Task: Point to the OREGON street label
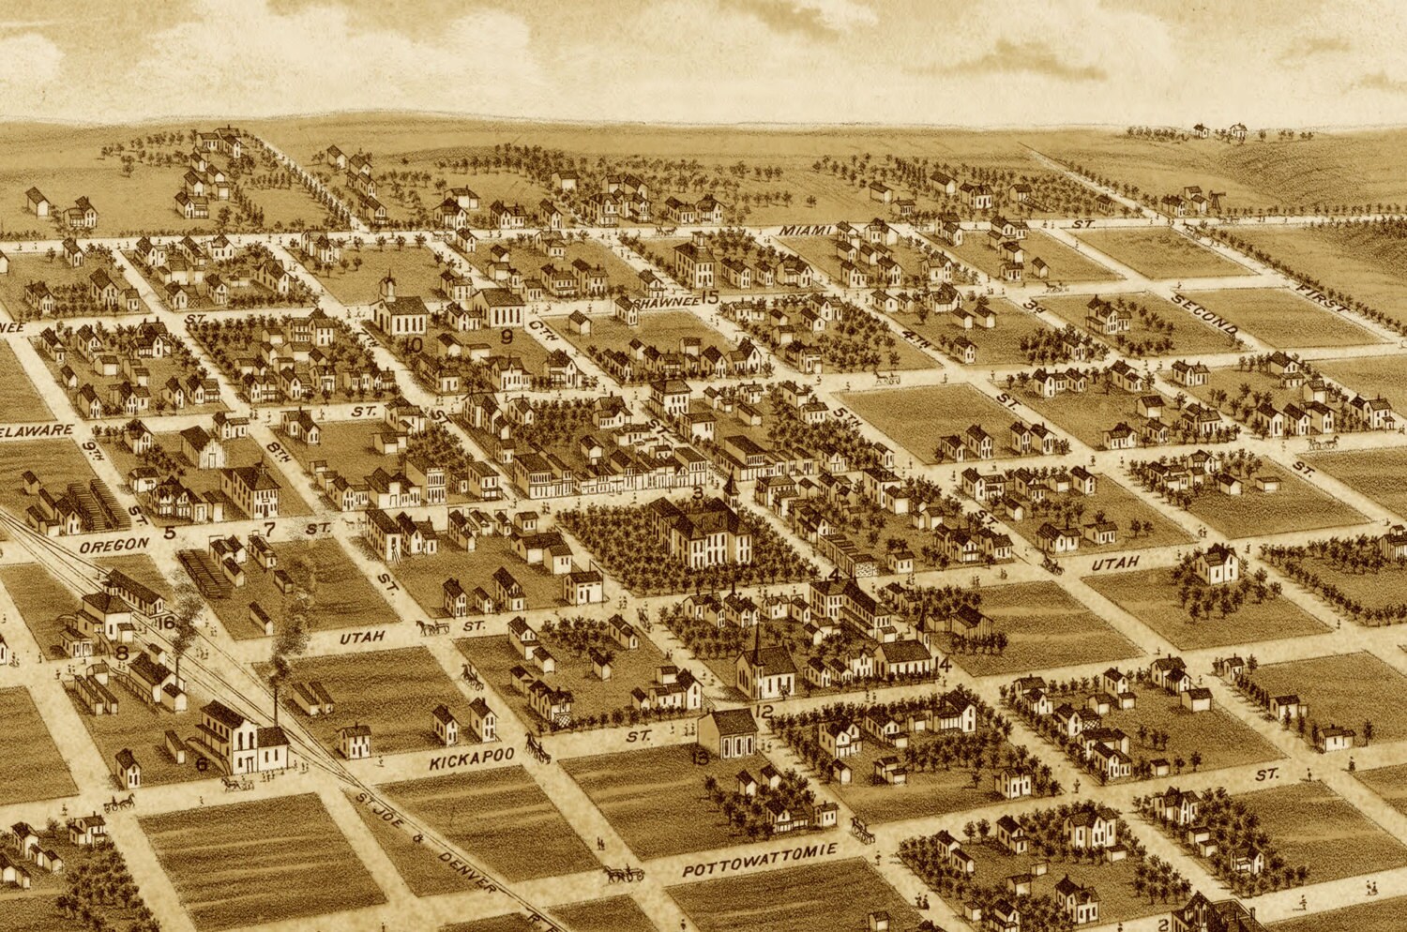click(x=113, y=544)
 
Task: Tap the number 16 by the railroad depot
click(x=167, y=623)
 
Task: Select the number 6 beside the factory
click(x=201, y=763)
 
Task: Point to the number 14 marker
click(x=944, y=665)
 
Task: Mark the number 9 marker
click(x=506, y=336)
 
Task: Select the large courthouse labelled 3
click(x=701, y=533)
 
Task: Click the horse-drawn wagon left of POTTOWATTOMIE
click(x=625, y=874)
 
